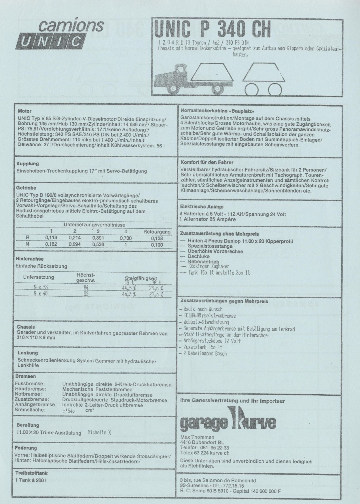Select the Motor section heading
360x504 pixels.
point(25,111)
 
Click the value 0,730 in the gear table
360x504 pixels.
point(126,238)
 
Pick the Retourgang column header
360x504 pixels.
point(157,232)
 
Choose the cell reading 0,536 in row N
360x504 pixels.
point(98,244)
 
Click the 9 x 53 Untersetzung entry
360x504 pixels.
point(40,287)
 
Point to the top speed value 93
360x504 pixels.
point(86,294)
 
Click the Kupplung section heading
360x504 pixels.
point(28,164)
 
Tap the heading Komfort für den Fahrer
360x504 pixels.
point(207,162)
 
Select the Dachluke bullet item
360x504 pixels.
point(198,256)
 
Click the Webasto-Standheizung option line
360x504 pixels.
point(206,322)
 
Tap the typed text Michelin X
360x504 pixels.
point(99,433)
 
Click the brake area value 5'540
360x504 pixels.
point(69,411)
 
